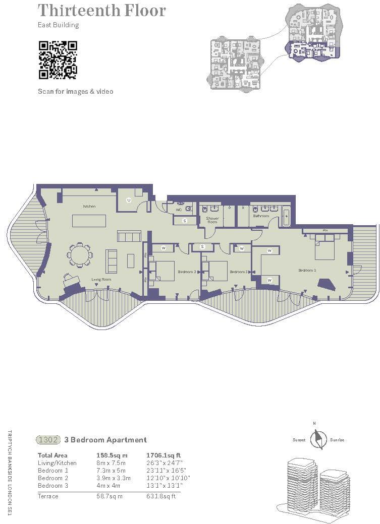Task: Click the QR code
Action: [58, 60]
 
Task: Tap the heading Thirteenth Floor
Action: [102, 10]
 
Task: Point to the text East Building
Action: [59, 25]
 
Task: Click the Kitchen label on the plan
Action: [89, 207]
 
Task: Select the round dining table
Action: [80, 254]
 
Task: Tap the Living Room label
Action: [101, 279]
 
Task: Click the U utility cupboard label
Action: [129, 201]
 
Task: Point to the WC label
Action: [179, 210]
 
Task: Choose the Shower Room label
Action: [212, 220]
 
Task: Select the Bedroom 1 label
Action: [307, 271]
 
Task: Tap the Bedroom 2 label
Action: [187, 272]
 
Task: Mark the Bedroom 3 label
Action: [239, 272]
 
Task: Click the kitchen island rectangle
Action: [89, 221]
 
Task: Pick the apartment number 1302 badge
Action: [49, 440]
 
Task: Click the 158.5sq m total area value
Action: [112, 455]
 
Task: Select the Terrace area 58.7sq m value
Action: [107, 496]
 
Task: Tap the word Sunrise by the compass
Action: [337, 440]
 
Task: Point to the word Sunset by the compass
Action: [299, 440]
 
